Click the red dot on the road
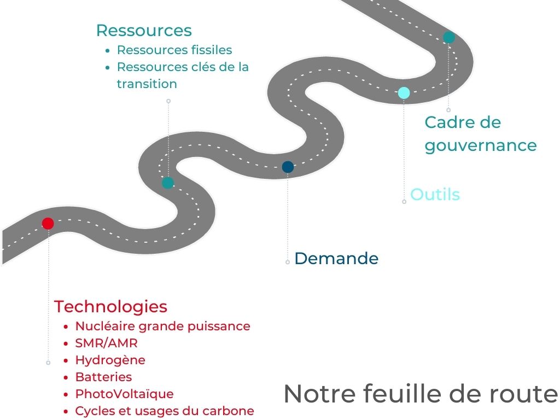coord(48,223)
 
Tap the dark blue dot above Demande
coord(288,167)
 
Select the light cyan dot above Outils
coord(404,93)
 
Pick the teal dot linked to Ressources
coord(168,183)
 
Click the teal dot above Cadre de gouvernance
coord(449,37)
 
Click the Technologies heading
coord(110,306)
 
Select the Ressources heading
coord(144,30)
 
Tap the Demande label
coord(336,259)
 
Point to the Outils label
coord(435,195)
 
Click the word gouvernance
coord(481,145)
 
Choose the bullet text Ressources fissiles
coord(174,50)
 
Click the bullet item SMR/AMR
coord(107,343)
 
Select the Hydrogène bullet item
coord(110,360)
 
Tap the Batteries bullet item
coord(103,377)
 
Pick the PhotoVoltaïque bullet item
coord(124,394)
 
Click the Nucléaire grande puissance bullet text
coord(162,326)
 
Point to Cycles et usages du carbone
coord(165,411)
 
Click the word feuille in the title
coord(389,394)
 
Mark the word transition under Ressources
coord(147,84)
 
